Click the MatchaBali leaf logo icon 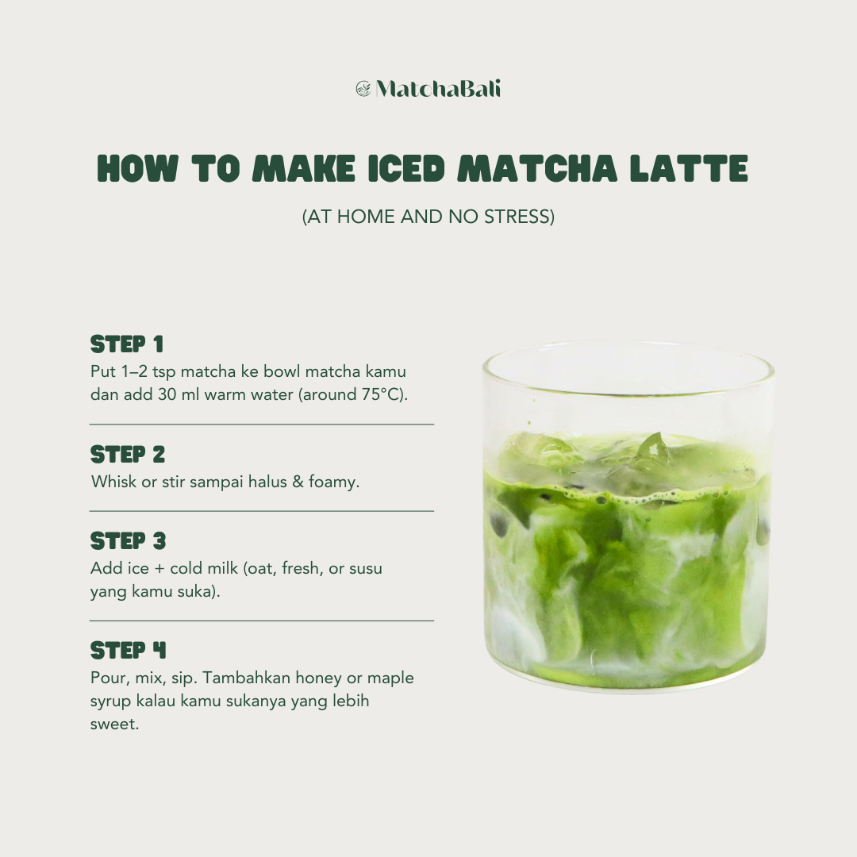pyautogui.click(x=363, y=89)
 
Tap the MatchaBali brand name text pyautogui.click(x=438, y=89)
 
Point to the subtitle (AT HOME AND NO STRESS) pyautogui.click(x=428, y=217)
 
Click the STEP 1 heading pyautogui.click(x=127, y=344)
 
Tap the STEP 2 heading pyautogui.click(x=128, y=455)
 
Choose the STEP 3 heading pyautogui.click(x=128, y=541)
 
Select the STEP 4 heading pyautogui.click(x=128, y=651)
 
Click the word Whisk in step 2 pyautogui.click(x=113, y=482)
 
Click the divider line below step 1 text pyautogui.click(x=262, y=425)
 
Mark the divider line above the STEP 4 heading pyautogui.click(x=262, y=621)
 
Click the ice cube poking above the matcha pyautogui.click(x=652, y=448)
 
